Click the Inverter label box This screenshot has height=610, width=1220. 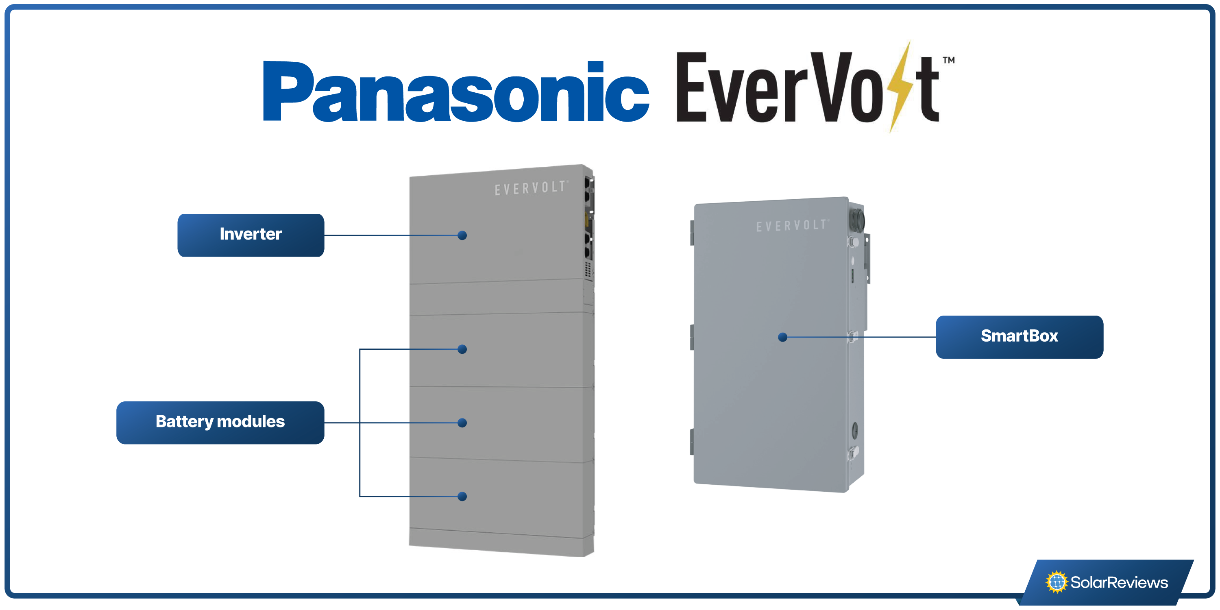tap(251, 235)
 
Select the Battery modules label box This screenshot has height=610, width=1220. tap(220, 423)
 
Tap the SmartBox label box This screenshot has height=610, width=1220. tap(1019, 337)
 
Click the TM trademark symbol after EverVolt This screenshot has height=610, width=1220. tap(948, 60)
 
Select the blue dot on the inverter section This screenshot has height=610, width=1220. tap(462, 235)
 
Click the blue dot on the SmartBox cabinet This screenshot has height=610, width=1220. tap(782, 337)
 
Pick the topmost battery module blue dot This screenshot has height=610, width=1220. tap(462, 349)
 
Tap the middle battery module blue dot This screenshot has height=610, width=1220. tap(462, 423)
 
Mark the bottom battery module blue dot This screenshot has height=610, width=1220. tap(462, 496)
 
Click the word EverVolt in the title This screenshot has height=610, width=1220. tap(805, 87)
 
